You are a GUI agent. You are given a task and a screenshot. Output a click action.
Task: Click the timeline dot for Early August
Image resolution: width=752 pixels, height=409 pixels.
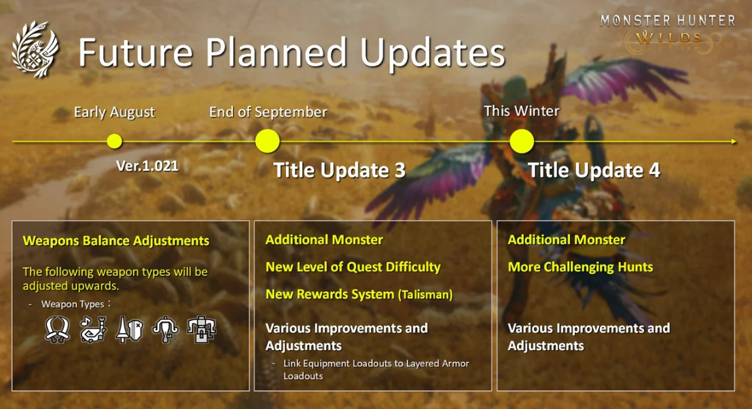114,141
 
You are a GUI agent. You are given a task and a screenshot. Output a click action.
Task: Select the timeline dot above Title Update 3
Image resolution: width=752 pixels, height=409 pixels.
267,141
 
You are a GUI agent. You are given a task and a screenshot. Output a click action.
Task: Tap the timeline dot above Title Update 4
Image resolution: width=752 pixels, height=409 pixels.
522,141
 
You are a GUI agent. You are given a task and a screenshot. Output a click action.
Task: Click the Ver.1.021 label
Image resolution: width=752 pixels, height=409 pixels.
147,166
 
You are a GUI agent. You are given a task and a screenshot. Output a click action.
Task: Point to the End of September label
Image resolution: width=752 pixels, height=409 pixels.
268,112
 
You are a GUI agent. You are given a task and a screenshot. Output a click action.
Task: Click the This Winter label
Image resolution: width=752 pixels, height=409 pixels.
521,111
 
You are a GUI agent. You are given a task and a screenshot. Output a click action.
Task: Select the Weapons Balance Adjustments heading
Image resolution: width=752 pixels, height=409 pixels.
116,240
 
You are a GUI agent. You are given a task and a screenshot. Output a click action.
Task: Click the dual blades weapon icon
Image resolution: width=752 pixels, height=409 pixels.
58,330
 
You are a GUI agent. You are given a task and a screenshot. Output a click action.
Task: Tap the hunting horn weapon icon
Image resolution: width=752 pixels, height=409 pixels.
94,330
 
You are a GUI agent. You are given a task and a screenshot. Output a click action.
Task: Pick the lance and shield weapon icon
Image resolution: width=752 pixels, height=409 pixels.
130,330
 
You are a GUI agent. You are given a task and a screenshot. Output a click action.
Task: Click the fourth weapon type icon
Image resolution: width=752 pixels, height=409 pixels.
166,330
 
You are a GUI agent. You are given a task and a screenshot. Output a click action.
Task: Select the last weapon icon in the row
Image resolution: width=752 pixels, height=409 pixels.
202,330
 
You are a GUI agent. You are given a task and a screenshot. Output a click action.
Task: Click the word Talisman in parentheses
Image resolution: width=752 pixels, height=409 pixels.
425,294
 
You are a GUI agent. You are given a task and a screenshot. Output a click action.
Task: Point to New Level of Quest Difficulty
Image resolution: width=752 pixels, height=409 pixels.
353,267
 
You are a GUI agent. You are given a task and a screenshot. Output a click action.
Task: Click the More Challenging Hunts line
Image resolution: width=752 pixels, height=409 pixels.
580,267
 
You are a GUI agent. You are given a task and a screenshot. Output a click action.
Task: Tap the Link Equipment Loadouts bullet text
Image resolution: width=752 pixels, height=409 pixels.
376,369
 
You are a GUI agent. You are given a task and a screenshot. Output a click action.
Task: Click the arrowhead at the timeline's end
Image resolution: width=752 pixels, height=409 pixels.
734,141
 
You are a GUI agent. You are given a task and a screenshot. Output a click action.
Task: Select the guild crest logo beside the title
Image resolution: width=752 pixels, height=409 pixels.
35,50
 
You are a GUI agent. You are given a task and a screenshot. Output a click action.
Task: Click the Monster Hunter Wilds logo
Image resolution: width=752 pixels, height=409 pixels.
668,33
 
